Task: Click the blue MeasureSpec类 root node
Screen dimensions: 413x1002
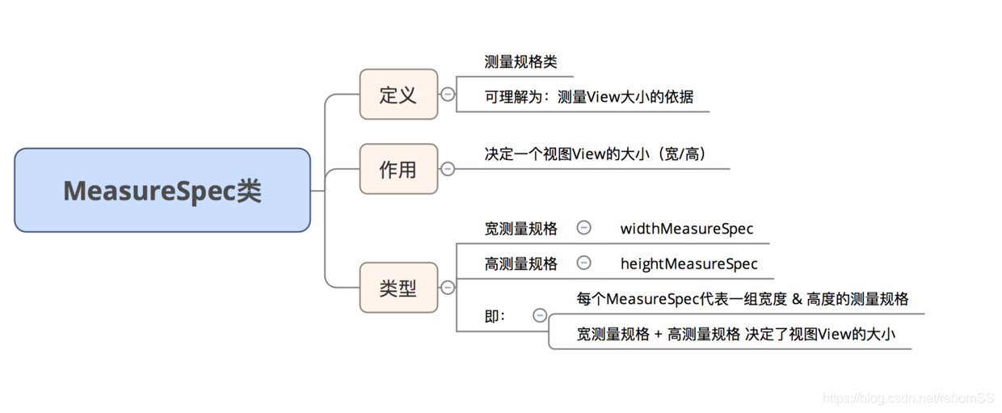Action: (x=162, y=191)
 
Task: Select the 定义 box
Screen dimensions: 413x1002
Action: (x=398, y=95)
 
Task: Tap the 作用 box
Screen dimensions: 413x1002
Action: (x=398, y=169)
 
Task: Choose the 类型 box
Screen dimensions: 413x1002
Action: (x=398, y=288)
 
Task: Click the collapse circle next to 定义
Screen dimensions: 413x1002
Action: (x=448, y=95)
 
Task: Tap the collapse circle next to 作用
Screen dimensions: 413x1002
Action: (x=448, y=169)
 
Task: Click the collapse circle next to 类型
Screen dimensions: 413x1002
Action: (x=448, y=288)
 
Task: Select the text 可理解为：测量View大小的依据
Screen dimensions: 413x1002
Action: (x=588, y=97)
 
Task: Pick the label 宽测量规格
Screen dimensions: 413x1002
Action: (x=520, y=229)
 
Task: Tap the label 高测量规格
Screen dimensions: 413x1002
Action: (x=520, y=263)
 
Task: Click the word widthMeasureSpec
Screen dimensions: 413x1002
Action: (x=686, y=229)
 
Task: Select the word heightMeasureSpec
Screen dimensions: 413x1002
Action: (x=688, y=263)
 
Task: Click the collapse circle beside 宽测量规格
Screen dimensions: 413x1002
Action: (x=583, y=228)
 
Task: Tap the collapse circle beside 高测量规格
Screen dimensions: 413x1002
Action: (x=583, y=263)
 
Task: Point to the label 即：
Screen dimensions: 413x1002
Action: (x=495, y=317)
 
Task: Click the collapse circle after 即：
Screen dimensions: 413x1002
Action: (x=540, y=316)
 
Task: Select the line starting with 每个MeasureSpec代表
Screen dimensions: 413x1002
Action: (x=742, y=299)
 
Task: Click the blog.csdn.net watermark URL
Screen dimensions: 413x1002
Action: (x=907, y=398)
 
